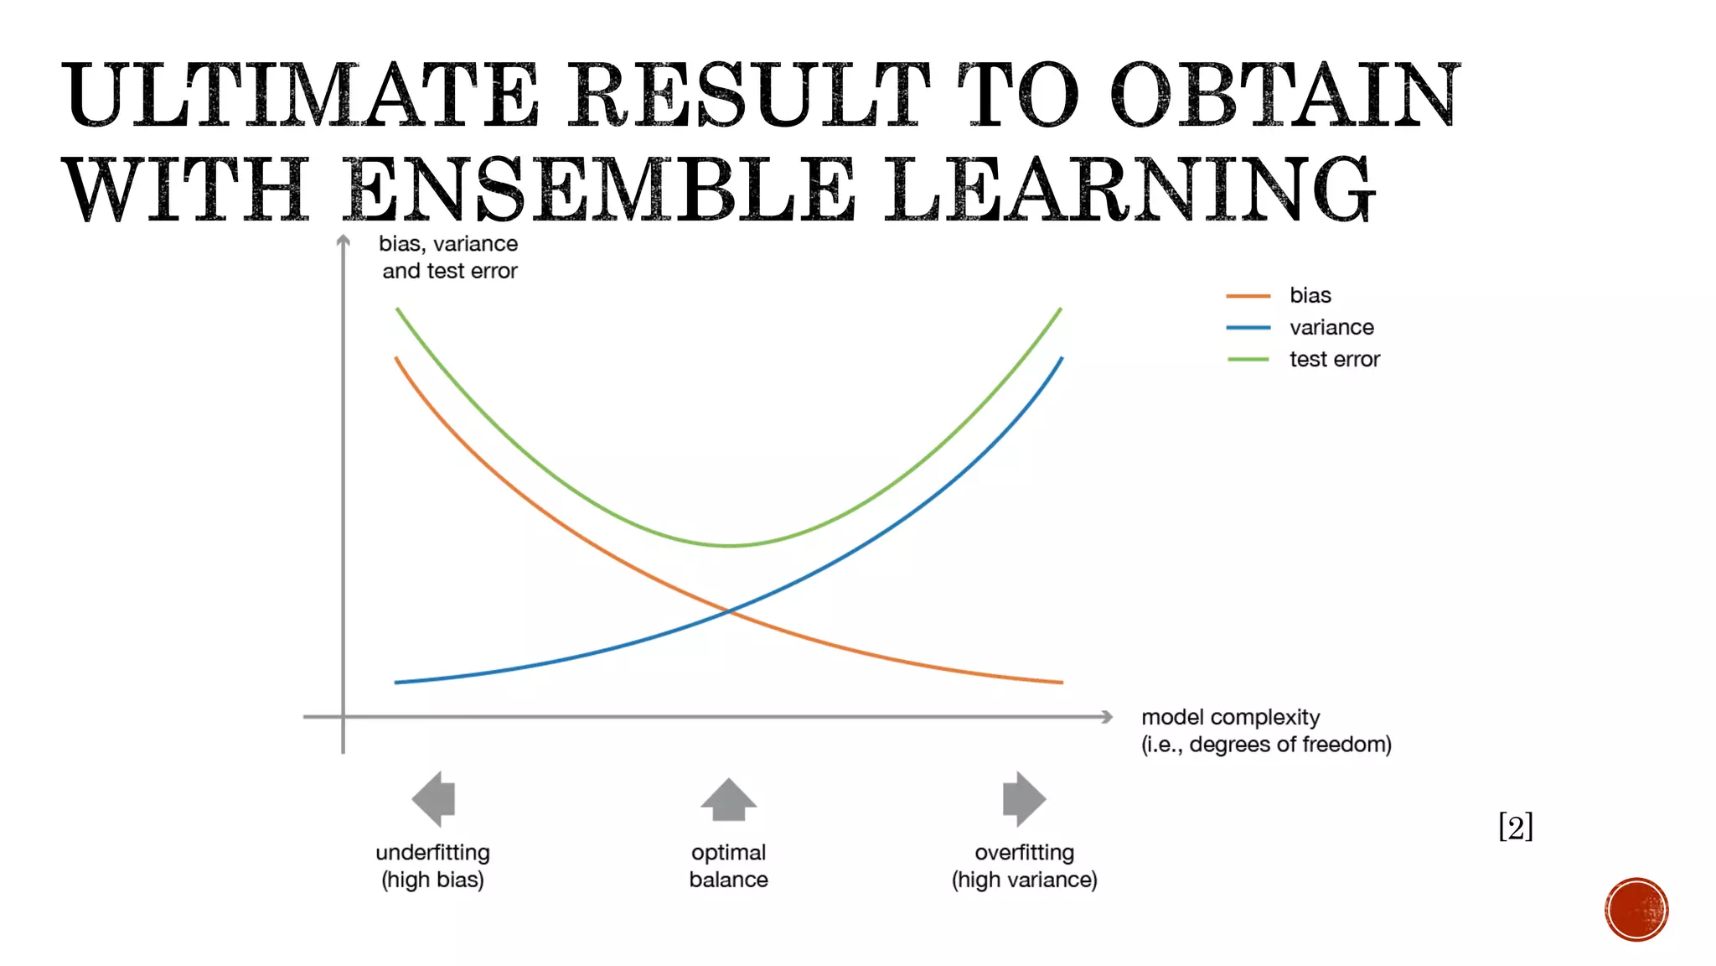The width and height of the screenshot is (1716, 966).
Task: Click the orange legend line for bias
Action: (x=1248, y=296)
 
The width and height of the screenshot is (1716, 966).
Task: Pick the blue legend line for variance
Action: (x=1248, y=328)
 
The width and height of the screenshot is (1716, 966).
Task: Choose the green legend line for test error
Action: (x=1248, y=360)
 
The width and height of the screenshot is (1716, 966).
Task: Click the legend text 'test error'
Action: (x=1334, y=360)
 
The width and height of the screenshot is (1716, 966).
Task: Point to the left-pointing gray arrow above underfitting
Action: (x=434, y=798)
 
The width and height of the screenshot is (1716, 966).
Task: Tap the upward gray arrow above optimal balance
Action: (x=729, y=800)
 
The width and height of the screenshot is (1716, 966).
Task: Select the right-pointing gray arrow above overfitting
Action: (x=1024, y=798)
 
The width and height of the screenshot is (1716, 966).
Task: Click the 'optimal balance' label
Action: (x=729, y=866)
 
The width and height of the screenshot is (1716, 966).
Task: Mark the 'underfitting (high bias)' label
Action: (x=432, y=866)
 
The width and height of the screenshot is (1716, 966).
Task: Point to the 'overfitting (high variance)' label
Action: (x=1024, y=866)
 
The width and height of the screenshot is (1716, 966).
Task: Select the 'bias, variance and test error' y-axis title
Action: (x=449, y=257)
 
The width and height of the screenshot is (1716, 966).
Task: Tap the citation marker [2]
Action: (x=1516, y=827)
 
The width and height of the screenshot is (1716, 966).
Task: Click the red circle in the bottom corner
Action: (x=1636, y=910)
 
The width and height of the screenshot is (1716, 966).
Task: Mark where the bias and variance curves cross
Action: (x=729, y=612)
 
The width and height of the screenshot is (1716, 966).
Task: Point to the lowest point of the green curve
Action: (x=729, y=546)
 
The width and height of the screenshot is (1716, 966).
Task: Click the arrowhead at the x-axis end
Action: (x=1107, y=717)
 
